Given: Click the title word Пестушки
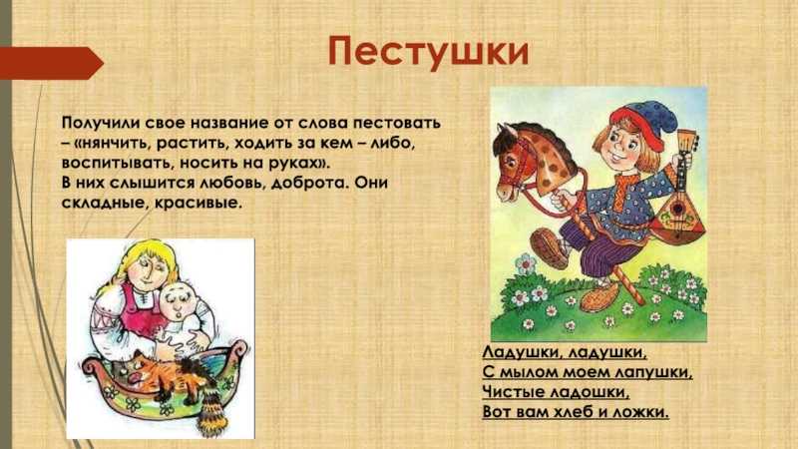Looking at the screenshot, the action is (429, 53).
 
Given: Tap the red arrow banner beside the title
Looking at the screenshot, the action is (51, 63).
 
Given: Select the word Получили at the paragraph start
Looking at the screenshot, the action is (101, 124).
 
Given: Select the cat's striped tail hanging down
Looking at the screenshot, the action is (209, 411).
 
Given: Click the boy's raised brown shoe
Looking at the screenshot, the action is (549, 247).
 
